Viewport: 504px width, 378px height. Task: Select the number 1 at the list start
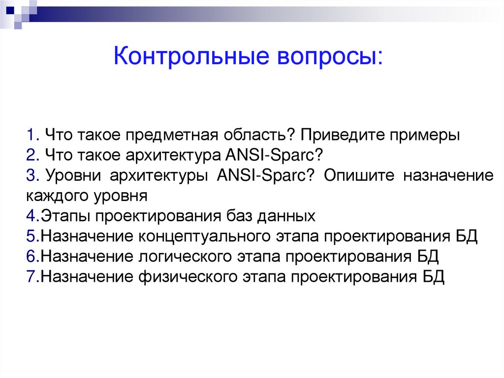coord(31,136)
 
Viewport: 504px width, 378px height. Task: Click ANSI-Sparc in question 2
coord(273,156)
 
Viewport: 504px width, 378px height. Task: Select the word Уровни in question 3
coord(73,176)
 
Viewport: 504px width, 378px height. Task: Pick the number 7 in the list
coord(31,277)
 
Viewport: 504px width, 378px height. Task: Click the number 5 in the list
coord(31,237)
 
